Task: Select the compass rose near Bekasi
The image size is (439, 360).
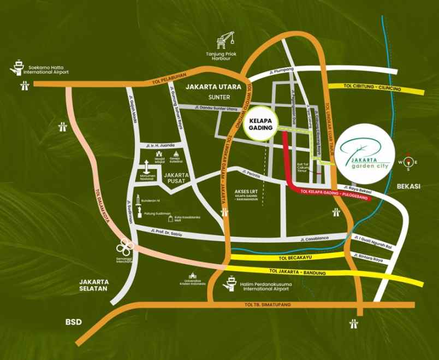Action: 408,161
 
